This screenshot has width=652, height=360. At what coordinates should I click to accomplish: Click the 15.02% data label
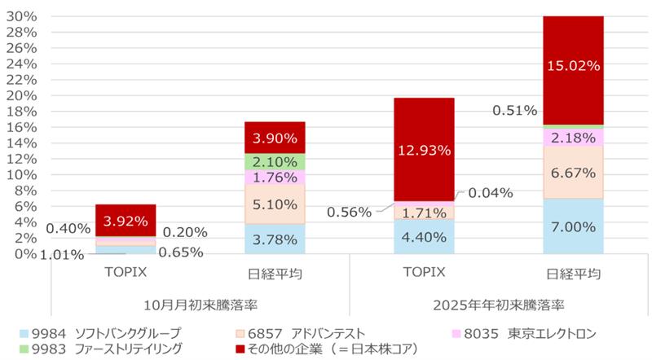coord(573,67)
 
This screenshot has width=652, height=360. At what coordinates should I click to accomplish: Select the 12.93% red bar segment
coord(424,149)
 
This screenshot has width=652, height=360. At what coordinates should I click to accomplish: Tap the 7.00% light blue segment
coord(573,226)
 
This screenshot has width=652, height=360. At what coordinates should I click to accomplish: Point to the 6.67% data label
coord(573,173)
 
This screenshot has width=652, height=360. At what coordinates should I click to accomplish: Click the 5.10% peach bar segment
coord(275,204)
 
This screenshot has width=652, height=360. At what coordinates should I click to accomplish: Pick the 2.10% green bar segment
coord(275,161)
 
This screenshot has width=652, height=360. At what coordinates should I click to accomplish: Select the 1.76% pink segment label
coord(275,178)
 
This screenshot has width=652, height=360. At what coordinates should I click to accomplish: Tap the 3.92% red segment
coord(126,220)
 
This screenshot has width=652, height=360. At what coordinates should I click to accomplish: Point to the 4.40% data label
coord(424,238)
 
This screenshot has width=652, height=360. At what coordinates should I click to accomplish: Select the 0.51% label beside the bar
coord(514,109)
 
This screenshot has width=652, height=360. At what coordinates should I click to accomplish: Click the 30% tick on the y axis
coord(24,16)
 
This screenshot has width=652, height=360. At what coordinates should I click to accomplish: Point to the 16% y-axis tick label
coord(24,127)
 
